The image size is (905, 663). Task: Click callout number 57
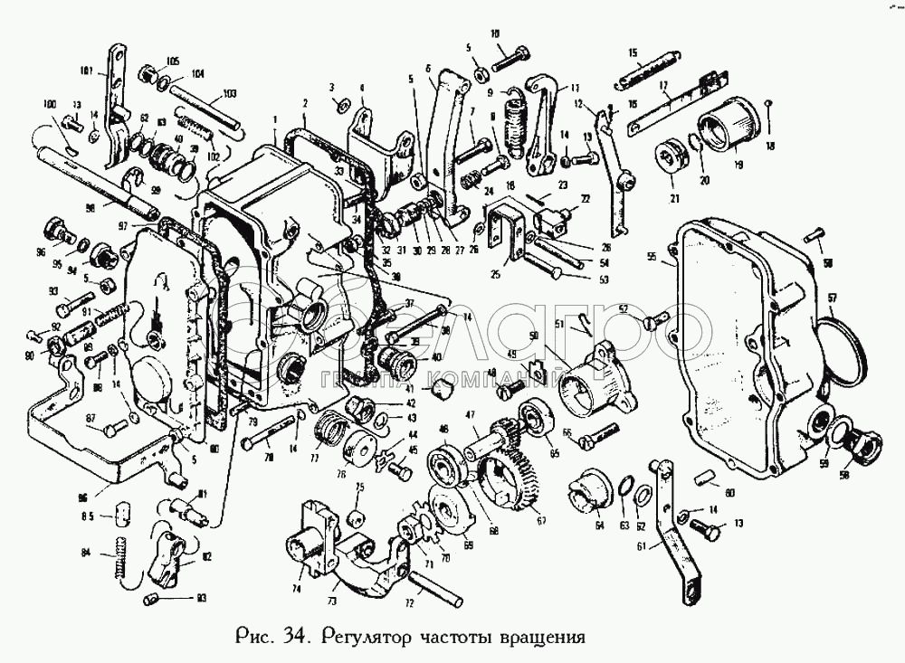click(x=832, y=298)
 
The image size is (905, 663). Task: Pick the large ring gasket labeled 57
click(x=843, y=353)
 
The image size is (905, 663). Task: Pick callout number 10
click(x=496, y=34)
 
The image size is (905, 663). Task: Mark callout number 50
click(x=534, y=336)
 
